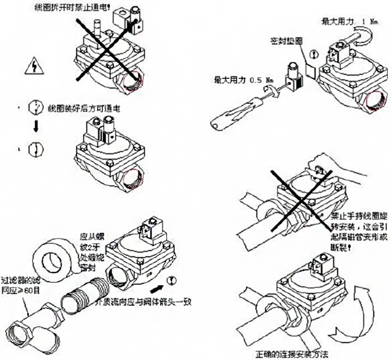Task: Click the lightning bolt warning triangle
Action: pyautogui.click(x=34, y=66)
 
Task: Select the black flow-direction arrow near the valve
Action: pyautogui.click(x=157, y=290)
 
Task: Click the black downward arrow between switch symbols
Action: pyautogui.click(x=35, y=127)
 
